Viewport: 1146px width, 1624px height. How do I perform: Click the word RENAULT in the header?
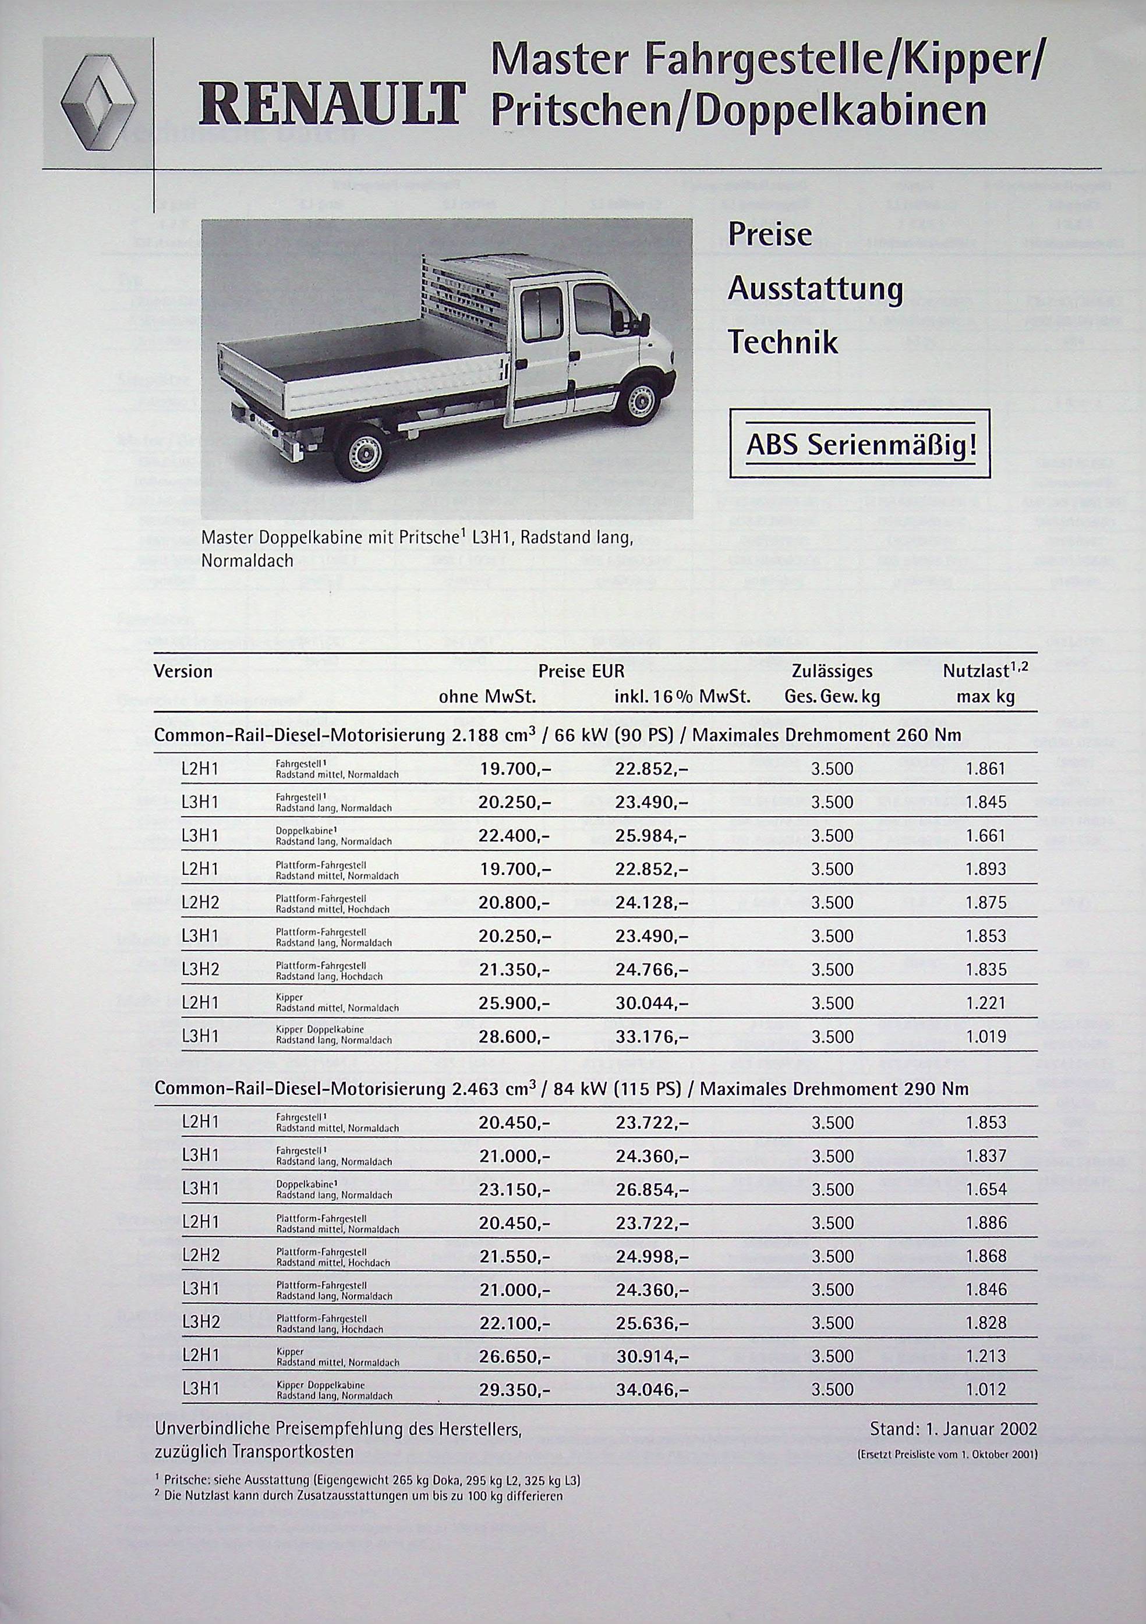click(333, 107)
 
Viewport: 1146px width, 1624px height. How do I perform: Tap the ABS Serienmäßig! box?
click(859, 444)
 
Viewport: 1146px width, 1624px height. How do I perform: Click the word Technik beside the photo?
click(783, 343)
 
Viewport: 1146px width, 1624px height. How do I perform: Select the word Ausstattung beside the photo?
click(816, 289)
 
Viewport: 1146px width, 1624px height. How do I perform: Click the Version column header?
click(183, 671)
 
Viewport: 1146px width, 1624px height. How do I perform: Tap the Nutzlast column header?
click(985, 671)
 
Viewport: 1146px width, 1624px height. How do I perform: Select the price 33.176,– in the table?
click(651, 1037)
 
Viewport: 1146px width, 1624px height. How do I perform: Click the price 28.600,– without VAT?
click(514, 1037)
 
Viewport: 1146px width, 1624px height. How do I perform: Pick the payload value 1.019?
click(985, 1037)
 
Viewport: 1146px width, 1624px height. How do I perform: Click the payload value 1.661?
click(985, 835)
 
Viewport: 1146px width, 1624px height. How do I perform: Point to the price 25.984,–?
click(651, 835)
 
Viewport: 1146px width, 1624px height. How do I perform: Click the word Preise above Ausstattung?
click(770, 235)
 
